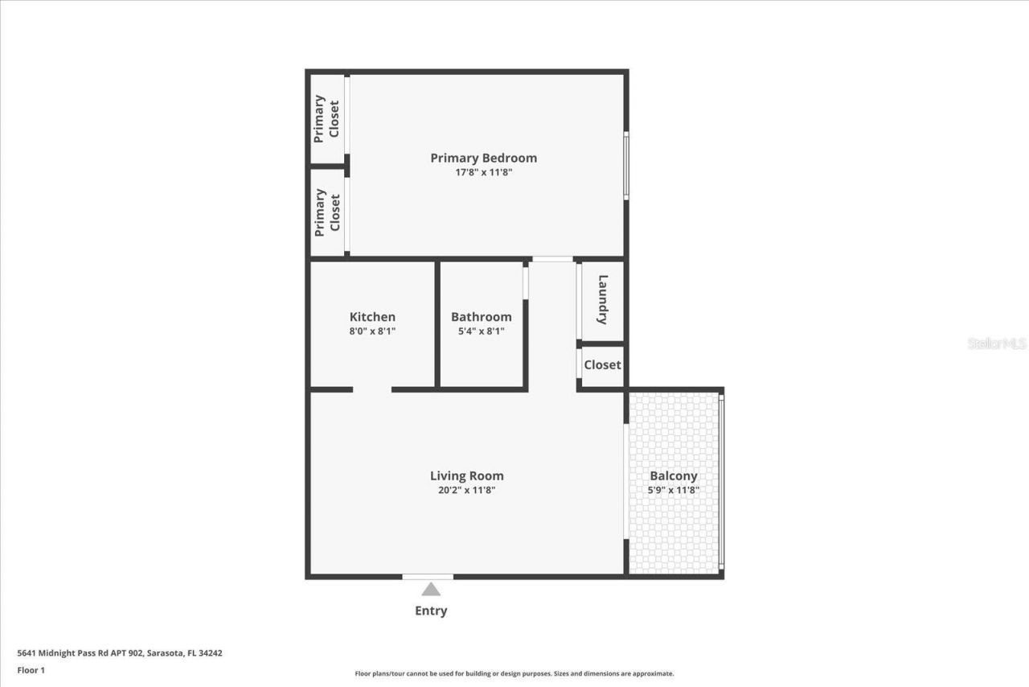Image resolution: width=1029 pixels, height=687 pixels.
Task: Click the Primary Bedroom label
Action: coord(483,158)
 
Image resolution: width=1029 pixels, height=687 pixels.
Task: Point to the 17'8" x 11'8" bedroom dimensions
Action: coord(483,171)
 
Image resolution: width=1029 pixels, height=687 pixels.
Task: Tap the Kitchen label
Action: coord(372,317)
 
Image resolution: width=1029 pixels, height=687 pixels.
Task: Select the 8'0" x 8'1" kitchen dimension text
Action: coord(372,331)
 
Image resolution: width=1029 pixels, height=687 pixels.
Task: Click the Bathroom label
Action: coord(481,317)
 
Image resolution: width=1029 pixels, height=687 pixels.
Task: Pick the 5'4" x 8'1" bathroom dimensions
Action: coord(481,331)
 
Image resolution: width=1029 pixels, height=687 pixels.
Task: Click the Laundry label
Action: coord(603,300)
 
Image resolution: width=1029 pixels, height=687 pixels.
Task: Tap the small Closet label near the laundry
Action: coord(602,364)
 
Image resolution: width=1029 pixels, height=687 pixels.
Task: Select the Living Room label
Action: coord(466,475)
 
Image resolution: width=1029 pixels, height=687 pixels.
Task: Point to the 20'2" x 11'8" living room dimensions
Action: coord(466,489)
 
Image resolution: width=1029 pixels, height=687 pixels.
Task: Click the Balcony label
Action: coord(674,475)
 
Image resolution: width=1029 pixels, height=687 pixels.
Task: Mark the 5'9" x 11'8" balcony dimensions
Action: coord(674,489)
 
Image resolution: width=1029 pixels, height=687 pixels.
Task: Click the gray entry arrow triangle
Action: coord(431,590)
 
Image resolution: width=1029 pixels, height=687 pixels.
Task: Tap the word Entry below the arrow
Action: coord(431,611)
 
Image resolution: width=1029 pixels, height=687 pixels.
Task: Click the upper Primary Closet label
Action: coord(326,118)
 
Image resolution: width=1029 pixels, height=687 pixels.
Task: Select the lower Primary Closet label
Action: coord(327,212)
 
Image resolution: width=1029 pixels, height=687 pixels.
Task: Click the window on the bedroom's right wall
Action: coord(626,165)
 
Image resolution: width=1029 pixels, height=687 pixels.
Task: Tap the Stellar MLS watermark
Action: coord(997,343)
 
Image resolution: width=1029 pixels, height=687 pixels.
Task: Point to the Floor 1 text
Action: coord(31,670)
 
